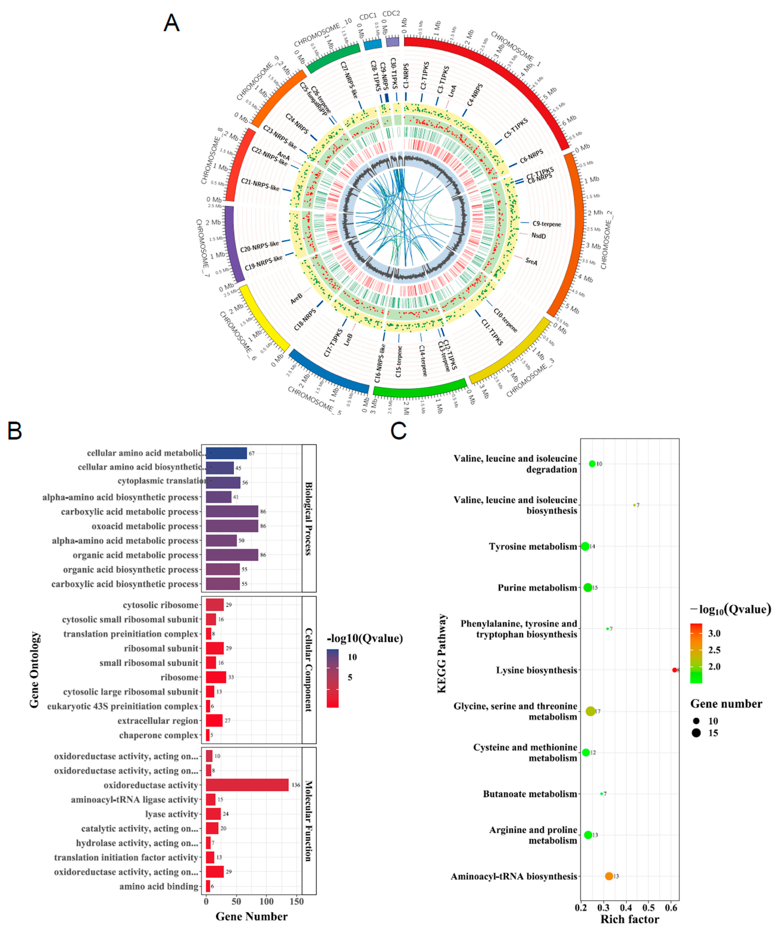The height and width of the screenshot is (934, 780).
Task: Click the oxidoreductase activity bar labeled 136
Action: pyautogui.click(x=247, y=785)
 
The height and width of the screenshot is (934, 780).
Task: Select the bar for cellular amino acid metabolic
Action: pyautogui.click(x=226, y=453)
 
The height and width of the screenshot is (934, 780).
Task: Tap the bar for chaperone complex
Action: pyautogui.click(x=208, y=735)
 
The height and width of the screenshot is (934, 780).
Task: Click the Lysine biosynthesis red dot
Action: pyautogui.click(x=675, y=670)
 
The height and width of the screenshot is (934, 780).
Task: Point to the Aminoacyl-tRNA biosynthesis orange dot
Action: pyautogui.click(x=609, y=876)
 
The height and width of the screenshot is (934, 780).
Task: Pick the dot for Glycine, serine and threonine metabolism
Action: pyautogui.click(x=590, y=711)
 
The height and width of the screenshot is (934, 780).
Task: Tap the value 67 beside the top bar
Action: pyautogui.click(x=252, y=454)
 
